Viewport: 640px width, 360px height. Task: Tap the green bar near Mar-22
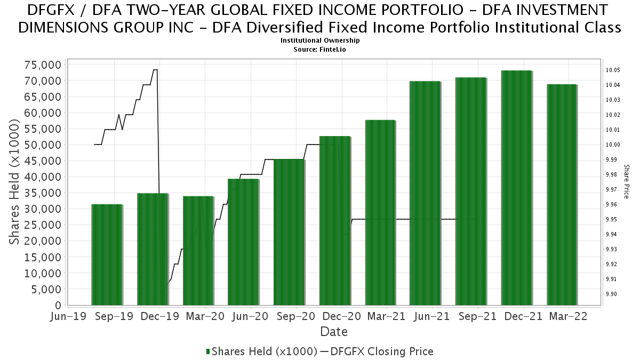coord(562,195)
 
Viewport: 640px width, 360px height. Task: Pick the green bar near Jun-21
coord(425,193)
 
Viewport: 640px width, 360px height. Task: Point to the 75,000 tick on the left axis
coord(42,65)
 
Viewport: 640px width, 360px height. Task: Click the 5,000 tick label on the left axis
coord(46,290)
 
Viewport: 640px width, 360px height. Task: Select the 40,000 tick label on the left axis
coord(42,177)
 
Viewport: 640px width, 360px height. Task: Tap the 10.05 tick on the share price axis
coord(611,70)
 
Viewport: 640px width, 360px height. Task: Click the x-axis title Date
coord(334,332)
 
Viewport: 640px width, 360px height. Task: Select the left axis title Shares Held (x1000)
coord(14,182)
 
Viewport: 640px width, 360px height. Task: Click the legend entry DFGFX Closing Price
coord(382,351)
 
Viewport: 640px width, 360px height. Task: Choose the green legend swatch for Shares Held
coord(208,351)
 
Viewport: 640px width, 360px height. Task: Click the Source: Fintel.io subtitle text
coord(320,49)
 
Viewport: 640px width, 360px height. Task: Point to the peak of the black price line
coord(155,70)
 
